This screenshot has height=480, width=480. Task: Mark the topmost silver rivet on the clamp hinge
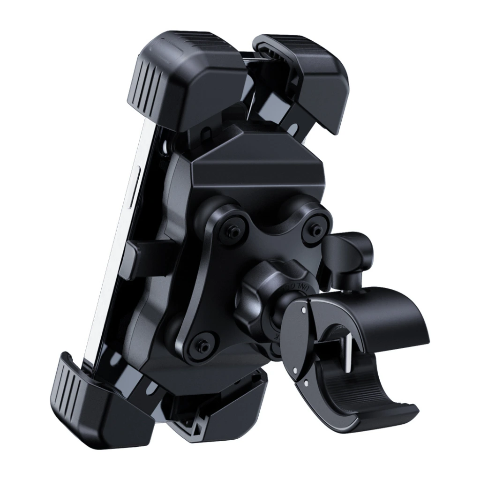(305, 310)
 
